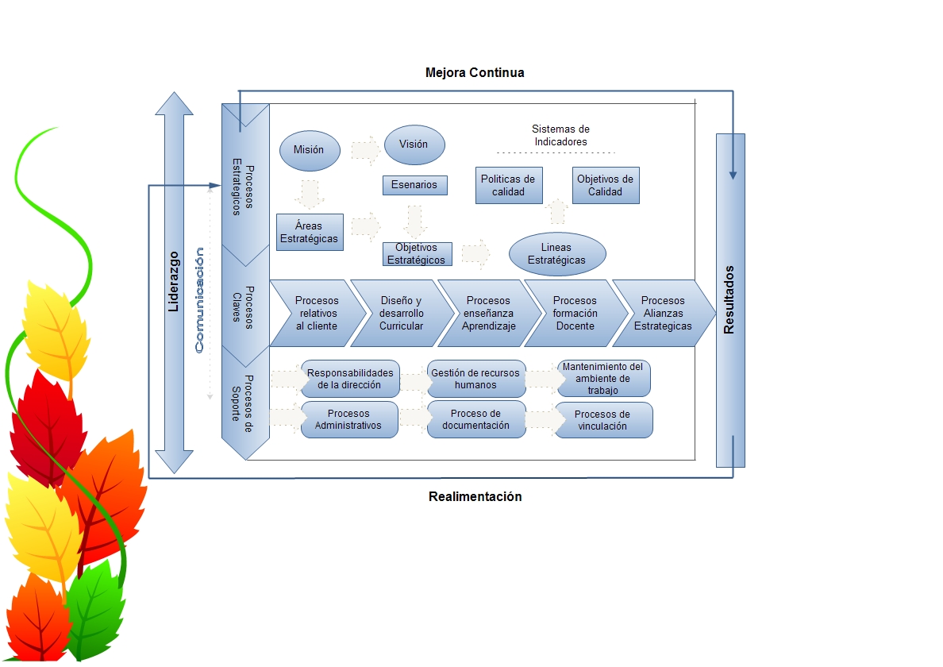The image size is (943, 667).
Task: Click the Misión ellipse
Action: click(309, 150)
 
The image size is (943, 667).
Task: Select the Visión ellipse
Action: click(414, 145)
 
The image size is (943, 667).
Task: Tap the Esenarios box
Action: click(414, 185)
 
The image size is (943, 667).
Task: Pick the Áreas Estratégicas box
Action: click(310, 233)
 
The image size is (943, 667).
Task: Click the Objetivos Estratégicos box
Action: click(417, 254)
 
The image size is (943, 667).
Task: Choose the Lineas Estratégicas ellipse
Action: click(556, 254)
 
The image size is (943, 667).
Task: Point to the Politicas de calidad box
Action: click(508, 185)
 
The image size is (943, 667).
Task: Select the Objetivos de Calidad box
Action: click(605, 185)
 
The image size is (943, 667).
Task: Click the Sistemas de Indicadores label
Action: click(560, 135)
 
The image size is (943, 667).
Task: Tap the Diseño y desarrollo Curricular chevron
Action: click(401, 314)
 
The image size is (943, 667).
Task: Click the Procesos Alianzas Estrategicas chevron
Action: click(663, 314)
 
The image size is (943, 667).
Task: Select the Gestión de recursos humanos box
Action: click(476, 379)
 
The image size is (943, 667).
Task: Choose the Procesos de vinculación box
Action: click(603, 420)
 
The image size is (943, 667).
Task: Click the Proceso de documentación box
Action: click(476, 419)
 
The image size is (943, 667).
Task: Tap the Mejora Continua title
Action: click(475, 72)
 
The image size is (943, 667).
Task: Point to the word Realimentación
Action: click(475, 496)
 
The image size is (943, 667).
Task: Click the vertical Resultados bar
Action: click(729, 300)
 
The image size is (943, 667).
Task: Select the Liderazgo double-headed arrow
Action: click(174, 283)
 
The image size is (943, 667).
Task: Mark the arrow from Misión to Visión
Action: click(366, 149)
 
